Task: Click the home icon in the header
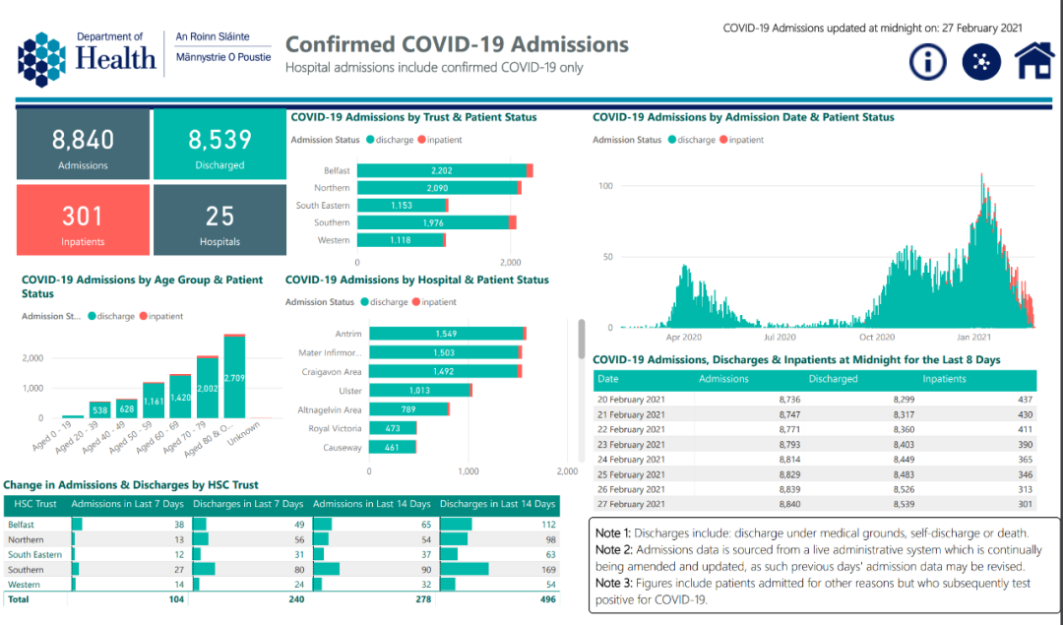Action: pyautogui.click(x=1033, y=61)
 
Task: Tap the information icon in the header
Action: pyautogui.click(x=927, y=61)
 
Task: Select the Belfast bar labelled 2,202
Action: pyautogui.click(x=441, y=170)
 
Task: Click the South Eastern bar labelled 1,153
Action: pyautogui.click(x=401, y=205)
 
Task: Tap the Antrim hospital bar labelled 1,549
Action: pyautogui.click(x=445, y=334)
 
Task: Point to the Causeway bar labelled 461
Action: pyautogui.click(x=392, y=448)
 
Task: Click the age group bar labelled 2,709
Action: pyautogui.click(x=234, y=377)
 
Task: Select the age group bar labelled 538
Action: pyautogui.click(x=99, y=408)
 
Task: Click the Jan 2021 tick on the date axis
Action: pyautogui.click(x=973, y=337)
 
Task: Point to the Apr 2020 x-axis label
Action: pyautogui.click(x=684, y=337)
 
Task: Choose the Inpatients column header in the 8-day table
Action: pyautogui.click(x=944, y=379)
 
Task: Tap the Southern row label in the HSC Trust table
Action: pyautogui.click(x=26, y=569)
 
